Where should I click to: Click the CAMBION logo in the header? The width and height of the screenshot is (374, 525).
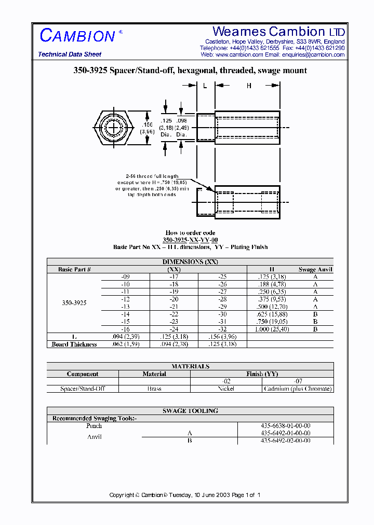click(x=77, y=36)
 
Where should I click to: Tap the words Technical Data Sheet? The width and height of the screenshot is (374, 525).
click(x=70, y=54)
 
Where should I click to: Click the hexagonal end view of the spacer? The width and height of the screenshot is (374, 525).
click(x=114, y=128)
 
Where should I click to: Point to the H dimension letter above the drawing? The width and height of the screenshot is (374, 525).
click(x=249, y=86)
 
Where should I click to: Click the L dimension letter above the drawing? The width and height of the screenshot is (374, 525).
click(x=205, y=86)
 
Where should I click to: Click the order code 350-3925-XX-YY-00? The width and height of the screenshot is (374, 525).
click(x=190, y=240)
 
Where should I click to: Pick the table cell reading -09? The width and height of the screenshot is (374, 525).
click(x=125, y=277)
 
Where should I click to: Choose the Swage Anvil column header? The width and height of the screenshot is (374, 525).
click(x=315, y=269)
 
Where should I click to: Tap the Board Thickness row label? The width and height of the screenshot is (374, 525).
click(x=74, y=344)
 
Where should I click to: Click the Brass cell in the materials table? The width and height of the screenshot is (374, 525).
click(x=154, y=389)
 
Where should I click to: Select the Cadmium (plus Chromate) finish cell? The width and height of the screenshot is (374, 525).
click(x=298, y=389)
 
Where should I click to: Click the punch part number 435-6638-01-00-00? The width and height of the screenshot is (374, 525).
click(x=286, y=426)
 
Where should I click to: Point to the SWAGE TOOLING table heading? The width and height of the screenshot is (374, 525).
click(x=190, y=411)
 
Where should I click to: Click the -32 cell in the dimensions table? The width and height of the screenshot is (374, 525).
click(x=222, y=329)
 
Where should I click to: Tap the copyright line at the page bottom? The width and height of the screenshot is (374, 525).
click(x=184, y=495)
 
